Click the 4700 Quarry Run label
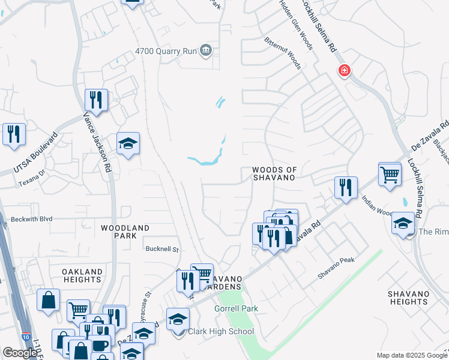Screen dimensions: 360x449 pyautogui.click(x=166, y=52)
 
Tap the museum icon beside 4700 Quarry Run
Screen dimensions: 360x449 pyautogui.click(x=206, y=49)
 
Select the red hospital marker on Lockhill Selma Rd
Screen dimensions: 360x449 pyautogui.click(x=344, y=71)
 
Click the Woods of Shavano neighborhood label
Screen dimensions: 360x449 pyautogui.click(x=274, y=174)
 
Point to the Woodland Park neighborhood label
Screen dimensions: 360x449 pyautogui.click(x=125, y=232)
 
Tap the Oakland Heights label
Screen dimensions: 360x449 pyautogui.click(x=82, y=276)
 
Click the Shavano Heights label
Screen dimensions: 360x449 pyautogui.click(x=408, y=297)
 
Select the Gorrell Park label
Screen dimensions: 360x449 pyautogui.click(x=236, y=308)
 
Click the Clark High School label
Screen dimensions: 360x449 pyautogui.click(x=221, y=331)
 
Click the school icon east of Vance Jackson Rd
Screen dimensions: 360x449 pyautogui.click(x=128, y=143)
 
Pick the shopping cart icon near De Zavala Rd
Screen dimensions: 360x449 pyautogui.click(x=390, y=175)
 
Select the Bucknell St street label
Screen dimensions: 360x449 pyautogui.click(x=162, y=248)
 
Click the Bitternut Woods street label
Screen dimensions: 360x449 pyautogui.click(x=282, y=52)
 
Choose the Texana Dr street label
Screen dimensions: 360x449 pyautogui.click(x=31, y=174)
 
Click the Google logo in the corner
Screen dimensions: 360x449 pyautogui.click(x=20, y=353)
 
